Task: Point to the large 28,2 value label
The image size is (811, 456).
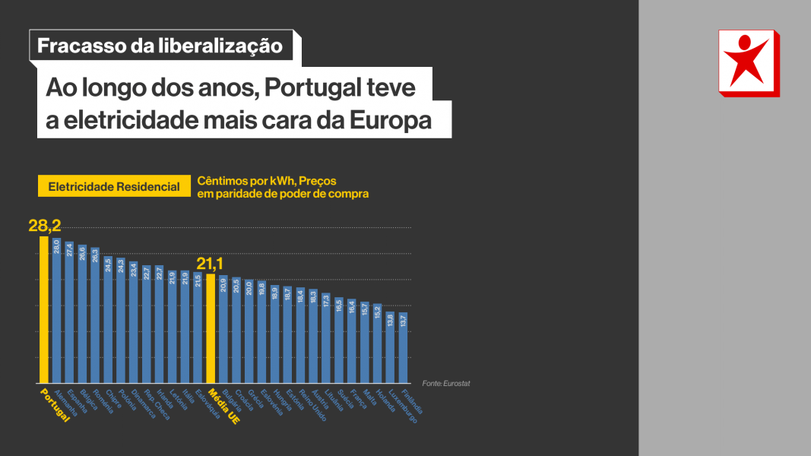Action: (44, 226)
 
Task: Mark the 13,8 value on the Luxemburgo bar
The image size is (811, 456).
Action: (391, 321)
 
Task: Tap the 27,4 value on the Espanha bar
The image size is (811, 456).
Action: (69, 250)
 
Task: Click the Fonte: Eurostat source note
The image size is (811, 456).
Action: (446, 383)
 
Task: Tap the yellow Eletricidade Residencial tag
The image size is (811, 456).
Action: (114, 186)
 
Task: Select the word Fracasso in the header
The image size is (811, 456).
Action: (81, 46)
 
